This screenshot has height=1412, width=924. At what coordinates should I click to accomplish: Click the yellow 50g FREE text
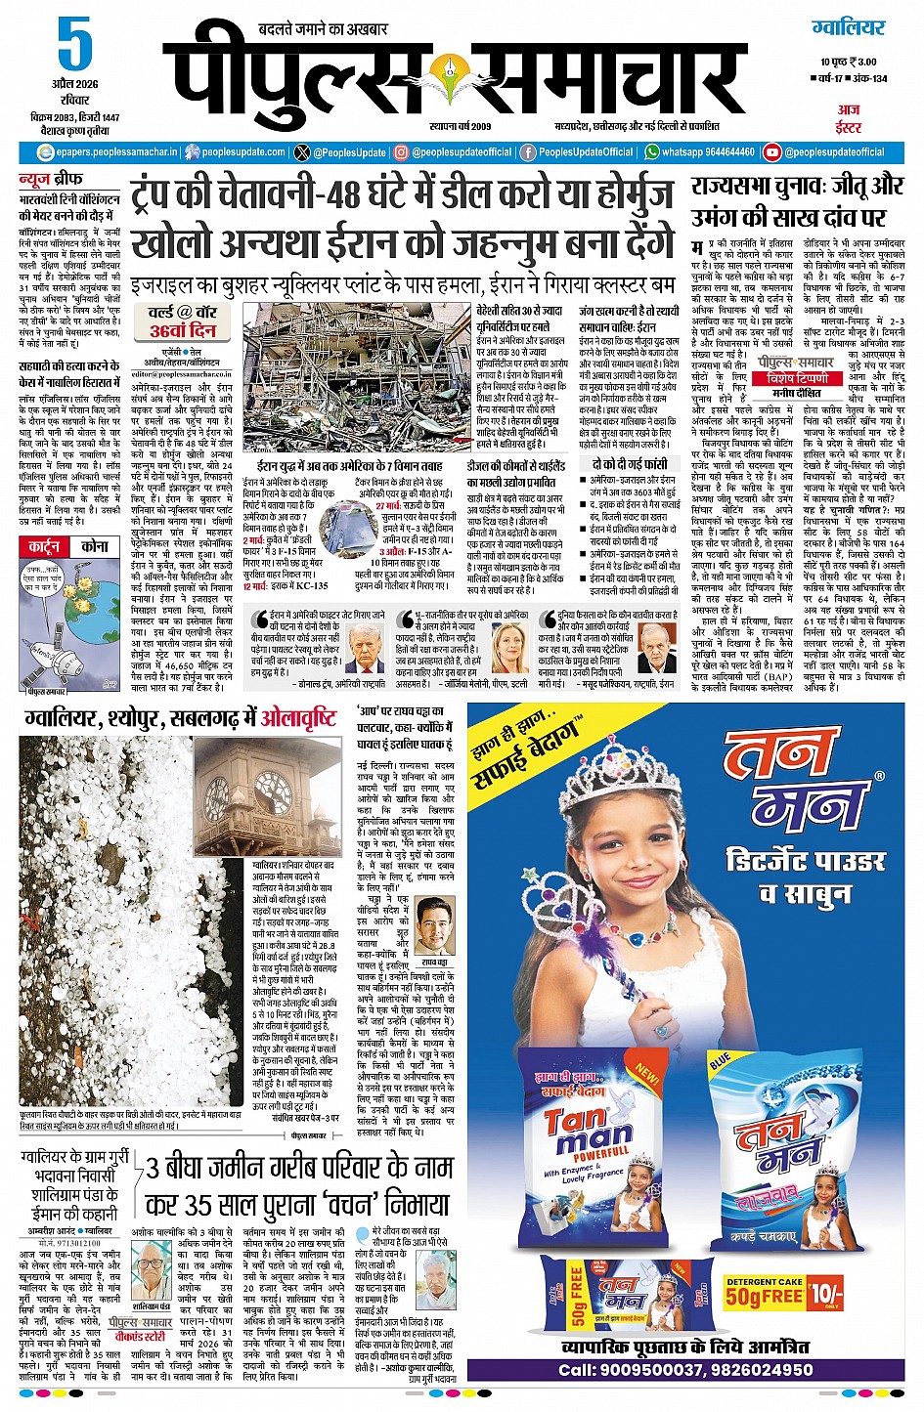[764, 1298]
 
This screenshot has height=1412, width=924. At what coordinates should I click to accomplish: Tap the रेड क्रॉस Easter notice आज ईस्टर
[848, 118]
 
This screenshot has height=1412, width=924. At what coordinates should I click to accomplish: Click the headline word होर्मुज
[625, 194]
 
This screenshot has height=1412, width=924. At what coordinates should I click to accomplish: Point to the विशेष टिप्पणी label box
[800, 375]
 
